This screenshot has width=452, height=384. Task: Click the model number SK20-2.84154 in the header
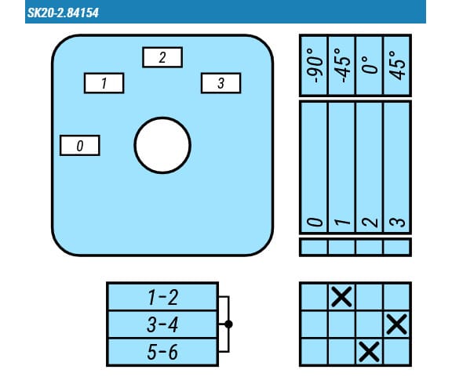click(63, 13)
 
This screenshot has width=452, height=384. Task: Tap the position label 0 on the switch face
click(80, 145)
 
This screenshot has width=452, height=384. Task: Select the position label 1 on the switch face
click(104, 83)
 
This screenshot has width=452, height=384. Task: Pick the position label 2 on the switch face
click(162, 57)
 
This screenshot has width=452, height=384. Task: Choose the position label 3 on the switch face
click(221, 83)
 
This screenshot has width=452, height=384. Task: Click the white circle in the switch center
click(162, 145)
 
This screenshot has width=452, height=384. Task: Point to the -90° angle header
click(315, 65)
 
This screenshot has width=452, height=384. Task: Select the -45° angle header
click(342, 65)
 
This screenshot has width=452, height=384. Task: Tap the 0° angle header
click(370, 65)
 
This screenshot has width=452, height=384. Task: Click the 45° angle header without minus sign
click(398, 65)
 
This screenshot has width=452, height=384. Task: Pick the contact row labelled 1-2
click(162, 297)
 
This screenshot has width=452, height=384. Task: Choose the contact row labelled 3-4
click(162, 324)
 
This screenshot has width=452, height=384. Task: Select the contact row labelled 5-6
click(162, 352)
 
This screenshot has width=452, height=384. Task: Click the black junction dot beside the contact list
click(228, 324)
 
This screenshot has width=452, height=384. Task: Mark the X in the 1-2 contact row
click(341, 296)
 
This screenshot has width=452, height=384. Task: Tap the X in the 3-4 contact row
click(397, 324)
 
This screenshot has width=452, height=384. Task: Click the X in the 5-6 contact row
click(370, 352)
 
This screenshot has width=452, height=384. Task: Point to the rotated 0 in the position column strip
click(315, 222)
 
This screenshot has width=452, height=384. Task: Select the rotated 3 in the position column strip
click(398, 222)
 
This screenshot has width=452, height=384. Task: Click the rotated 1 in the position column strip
click(342, 222)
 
